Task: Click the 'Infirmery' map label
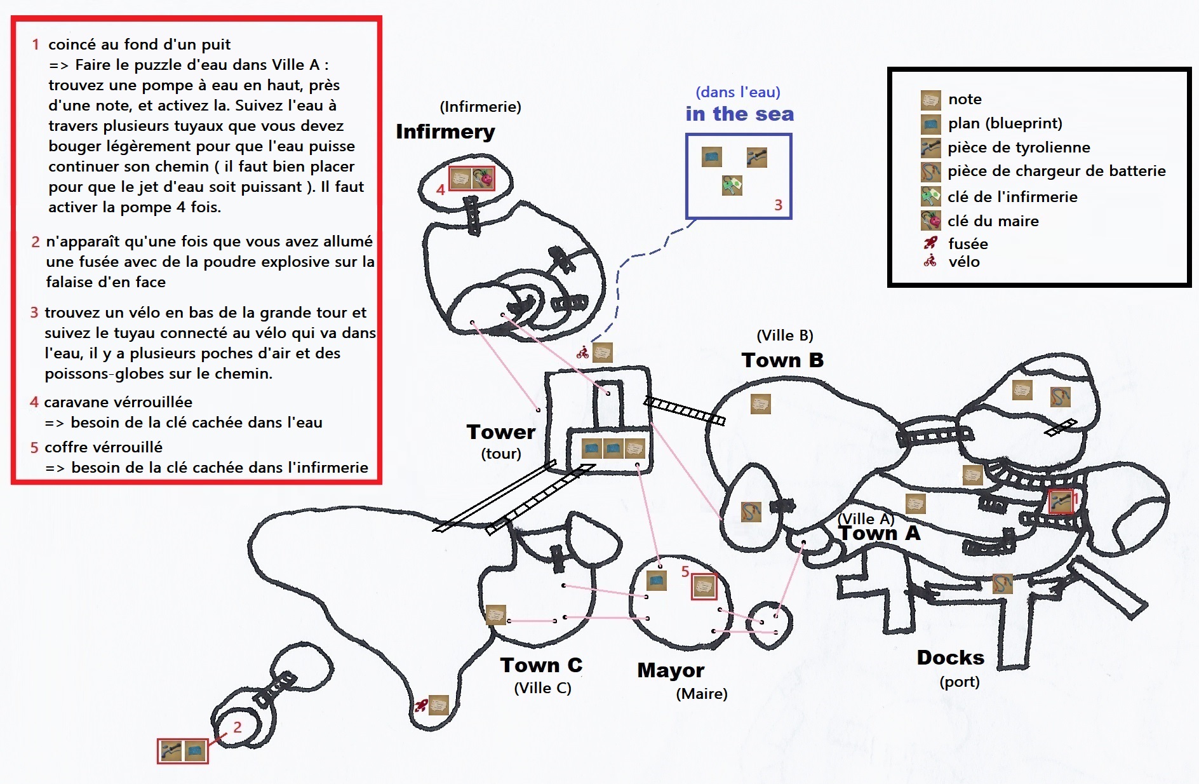click(445, 132)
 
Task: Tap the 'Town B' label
click(782, 360)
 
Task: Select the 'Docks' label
click(950, 658)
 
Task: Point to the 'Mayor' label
click(671, 670)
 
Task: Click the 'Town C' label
click(541, 665)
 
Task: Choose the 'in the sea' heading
click(739, 114)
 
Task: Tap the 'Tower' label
click(501, 432)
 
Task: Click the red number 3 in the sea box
click(778, 205)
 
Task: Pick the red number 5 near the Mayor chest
click(685, 572)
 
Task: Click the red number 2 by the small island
click(238, 727)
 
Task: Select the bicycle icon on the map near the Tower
click(583, 353)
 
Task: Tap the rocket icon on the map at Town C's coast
click(420, 705)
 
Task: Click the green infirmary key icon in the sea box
click(732, 186)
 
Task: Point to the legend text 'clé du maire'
click(993, 221)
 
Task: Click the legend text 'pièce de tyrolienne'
click(1019, 147)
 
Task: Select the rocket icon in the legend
click(930, 243)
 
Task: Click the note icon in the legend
click(930, 100)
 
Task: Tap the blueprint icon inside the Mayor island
click(657, 581)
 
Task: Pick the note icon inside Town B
click(760, 404)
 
